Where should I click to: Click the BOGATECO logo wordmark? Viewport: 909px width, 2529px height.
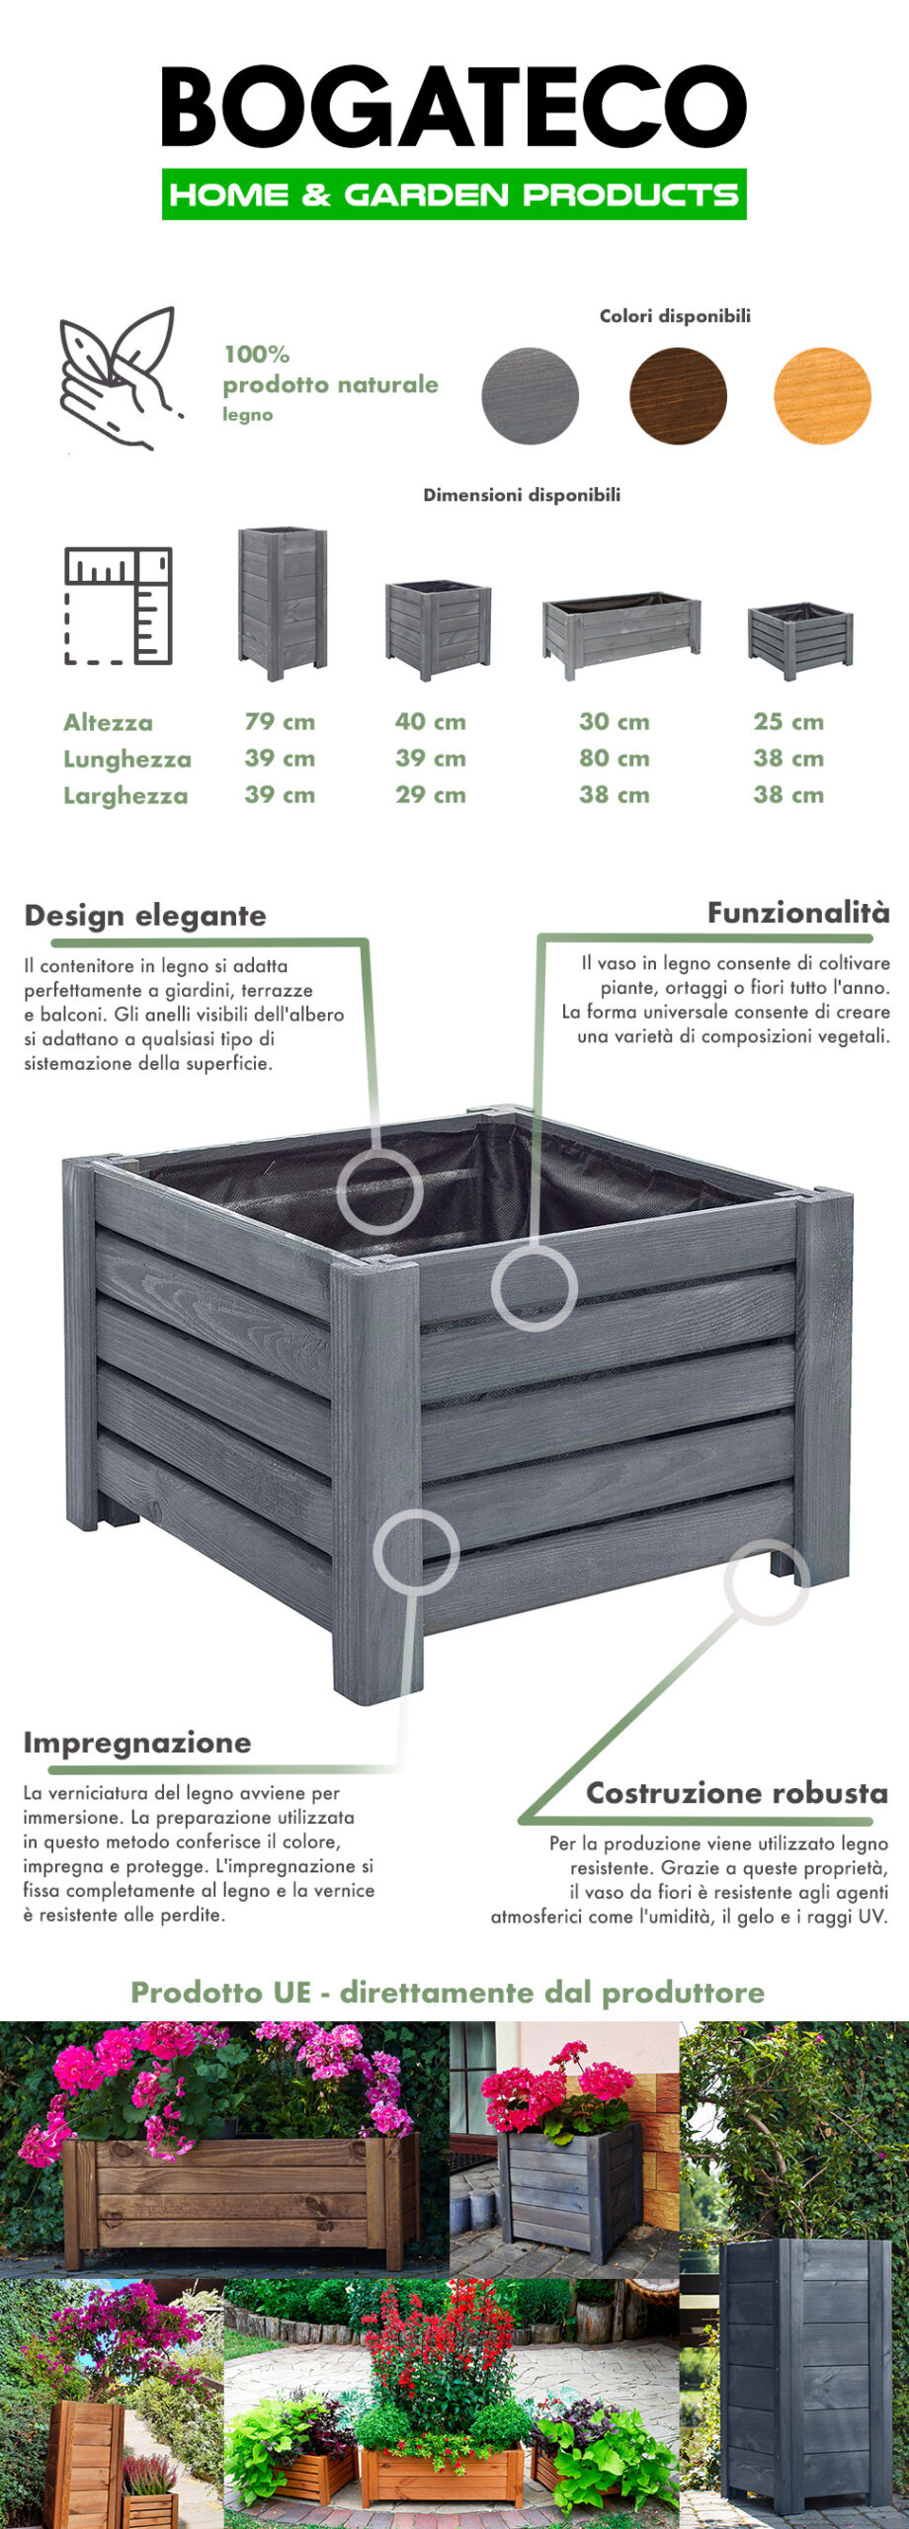tap(454, 107)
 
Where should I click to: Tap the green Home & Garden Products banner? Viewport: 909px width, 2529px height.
tap(454, 195)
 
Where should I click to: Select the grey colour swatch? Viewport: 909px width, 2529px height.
tap(530, 396)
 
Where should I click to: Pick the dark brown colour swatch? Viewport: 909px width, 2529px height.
tap(678, 396)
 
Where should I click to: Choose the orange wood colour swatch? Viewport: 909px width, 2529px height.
tap(822, 396)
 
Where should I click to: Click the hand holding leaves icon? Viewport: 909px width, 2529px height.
tap(121, 378)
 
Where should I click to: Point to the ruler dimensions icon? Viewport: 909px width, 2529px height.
tap(119, 606)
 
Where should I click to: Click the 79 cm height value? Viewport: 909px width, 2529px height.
tap(280, 722)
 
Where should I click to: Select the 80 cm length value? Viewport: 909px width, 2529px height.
tap(615, 759)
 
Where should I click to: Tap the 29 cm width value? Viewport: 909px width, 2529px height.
tap(431, 795)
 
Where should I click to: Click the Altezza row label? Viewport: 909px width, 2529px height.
tap(108, 723)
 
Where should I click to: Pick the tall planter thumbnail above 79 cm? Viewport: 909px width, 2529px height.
tap(283, 604)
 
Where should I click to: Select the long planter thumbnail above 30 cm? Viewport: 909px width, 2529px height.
tap(621, 636)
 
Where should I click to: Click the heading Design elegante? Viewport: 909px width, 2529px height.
tap(145, 916)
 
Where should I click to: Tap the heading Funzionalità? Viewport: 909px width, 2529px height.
tap(798, 913)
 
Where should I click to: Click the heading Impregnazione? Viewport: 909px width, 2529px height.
tap(137, 1743)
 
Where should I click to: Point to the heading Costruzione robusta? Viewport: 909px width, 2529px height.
tap(737, 1793)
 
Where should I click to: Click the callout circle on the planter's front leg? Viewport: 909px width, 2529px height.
tap(416, 1550)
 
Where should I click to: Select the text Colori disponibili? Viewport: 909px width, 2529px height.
tap(675, 316)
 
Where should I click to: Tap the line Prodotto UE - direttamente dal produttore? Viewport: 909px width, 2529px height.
tap(448, 1993)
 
